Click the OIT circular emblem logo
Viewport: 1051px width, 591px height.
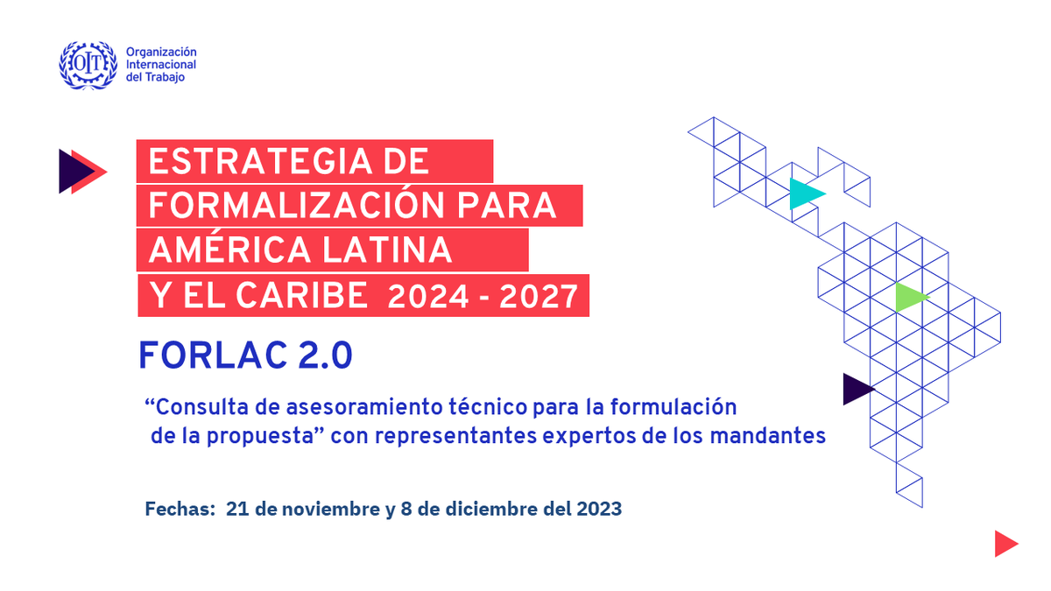pos(88,65)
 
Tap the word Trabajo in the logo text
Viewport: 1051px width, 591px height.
pos(166,78)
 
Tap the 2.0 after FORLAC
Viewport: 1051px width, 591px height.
pos(325,355)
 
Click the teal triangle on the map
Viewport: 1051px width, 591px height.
pos(803,193)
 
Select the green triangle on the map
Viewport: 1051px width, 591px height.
pos(908,298)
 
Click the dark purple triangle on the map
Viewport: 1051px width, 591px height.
pos(855,389)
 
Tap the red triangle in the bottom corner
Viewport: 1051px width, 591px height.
pos(1004,544)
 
